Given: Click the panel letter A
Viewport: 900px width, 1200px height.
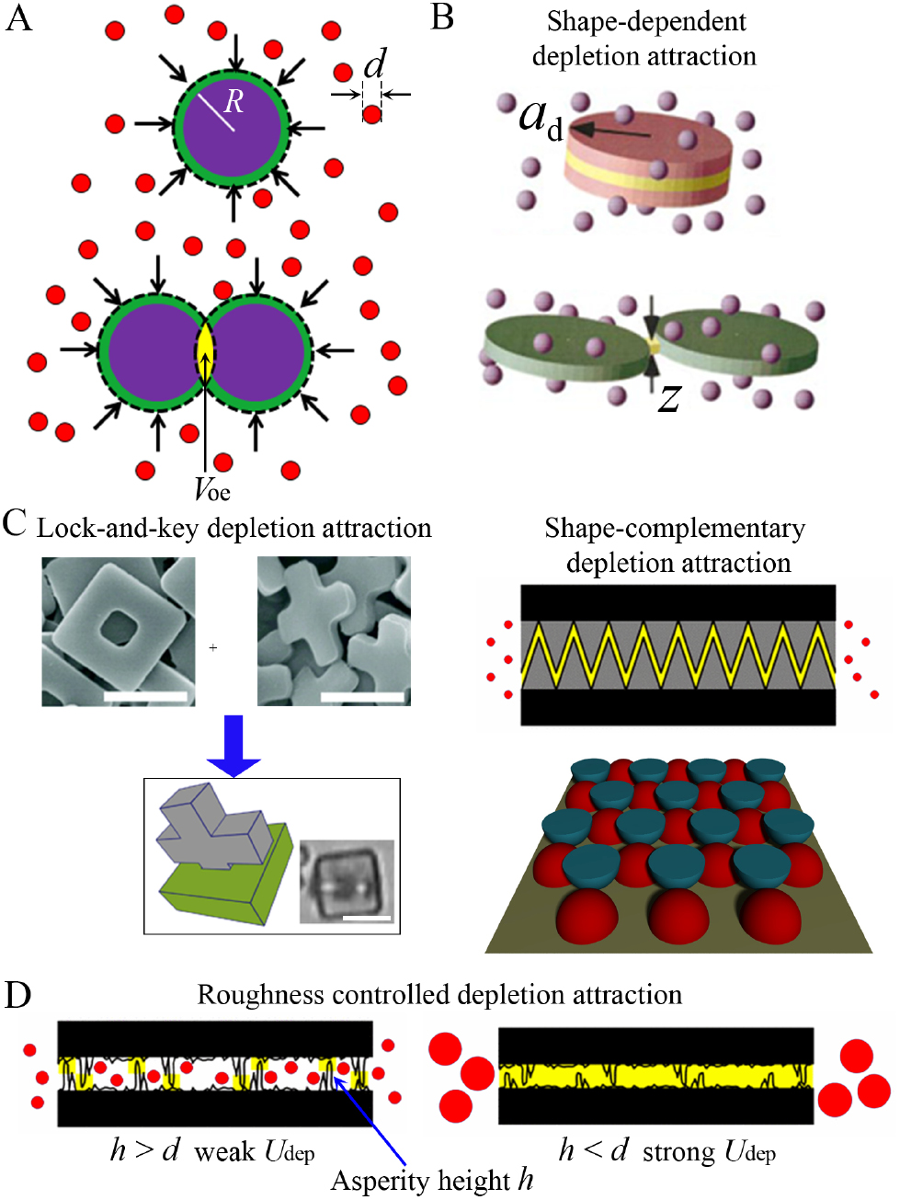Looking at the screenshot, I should click(18, 18).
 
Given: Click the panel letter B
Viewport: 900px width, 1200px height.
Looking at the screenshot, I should click(442, 17).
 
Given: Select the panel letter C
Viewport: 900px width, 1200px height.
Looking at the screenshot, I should click(14, 523).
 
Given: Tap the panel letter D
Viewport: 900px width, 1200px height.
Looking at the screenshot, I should click(17, 995).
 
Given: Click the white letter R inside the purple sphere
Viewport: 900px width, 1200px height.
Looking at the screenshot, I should click(234, 101).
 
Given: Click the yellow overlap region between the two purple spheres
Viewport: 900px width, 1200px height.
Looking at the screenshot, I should click(205, 350).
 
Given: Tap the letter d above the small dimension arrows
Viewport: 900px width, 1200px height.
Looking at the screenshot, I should click(374, 64).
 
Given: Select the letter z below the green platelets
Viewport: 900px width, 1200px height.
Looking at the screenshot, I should click(669, 397).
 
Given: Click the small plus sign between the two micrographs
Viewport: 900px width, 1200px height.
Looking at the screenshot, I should click(213, 648).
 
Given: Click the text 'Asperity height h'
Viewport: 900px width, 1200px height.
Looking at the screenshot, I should click(432, 1181).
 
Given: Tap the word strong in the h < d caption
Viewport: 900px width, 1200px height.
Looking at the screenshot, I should click(678, 1152).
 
